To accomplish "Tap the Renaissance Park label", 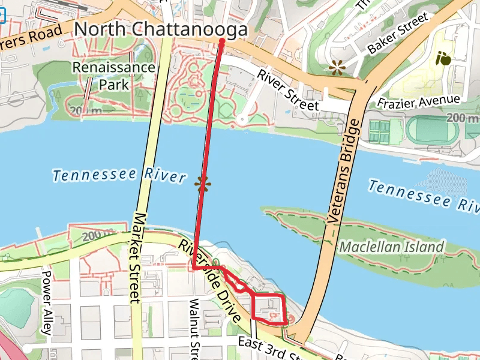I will (113, 76).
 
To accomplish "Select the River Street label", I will (288, 90).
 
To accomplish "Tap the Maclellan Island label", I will (392, 247).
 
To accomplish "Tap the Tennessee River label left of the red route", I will (118, 176).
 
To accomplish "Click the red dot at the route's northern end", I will (221, 41).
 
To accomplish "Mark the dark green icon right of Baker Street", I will (443, 58).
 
